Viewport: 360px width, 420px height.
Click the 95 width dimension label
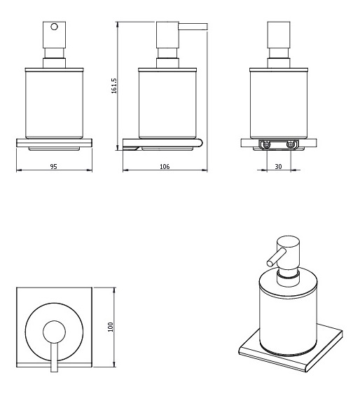point(53,167)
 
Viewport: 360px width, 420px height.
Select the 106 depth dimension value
point(165,167)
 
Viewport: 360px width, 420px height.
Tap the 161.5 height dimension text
point(114,86)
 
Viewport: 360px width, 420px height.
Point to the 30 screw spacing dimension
point(278,167)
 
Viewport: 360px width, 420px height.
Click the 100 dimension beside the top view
point(111,327)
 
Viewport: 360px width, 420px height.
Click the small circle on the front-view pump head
point(54,27)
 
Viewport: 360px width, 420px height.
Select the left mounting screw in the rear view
point(266,144)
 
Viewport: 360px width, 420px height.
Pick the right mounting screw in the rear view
point(290,144)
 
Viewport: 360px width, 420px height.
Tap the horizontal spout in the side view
point(193,27)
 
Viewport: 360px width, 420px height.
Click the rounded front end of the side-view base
point(200,143)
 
